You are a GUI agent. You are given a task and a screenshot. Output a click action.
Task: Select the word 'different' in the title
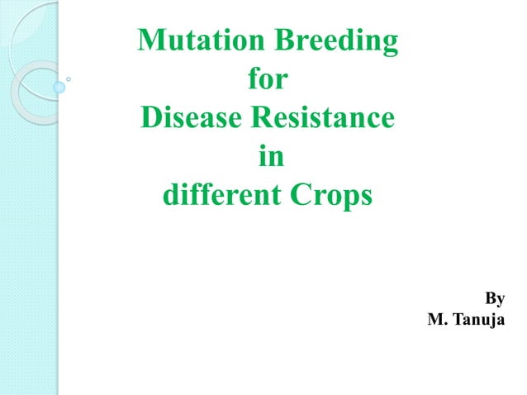pos(211,197)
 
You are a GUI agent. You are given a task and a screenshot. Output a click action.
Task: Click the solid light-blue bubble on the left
pos(59,87)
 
